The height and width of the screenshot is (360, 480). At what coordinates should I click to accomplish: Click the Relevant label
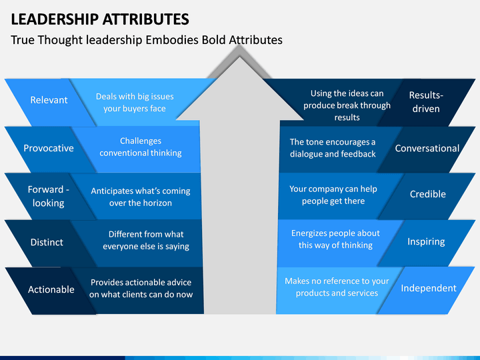click(x=49, y=100)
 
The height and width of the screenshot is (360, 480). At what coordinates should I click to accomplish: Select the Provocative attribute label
click(x=49, y=148)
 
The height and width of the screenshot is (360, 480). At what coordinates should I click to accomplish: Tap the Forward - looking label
click(x=49, y=196)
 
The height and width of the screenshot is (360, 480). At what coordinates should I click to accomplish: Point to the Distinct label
click(x=47, y=242)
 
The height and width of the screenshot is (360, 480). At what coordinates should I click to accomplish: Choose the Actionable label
click(x=51, y=289)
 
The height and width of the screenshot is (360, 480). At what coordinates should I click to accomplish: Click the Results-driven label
click(x=426, y=102)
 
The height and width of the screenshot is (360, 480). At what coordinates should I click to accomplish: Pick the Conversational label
click(x=427, y=148)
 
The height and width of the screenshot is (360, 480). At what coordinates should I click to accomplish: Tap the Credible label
click(x=428, y=194)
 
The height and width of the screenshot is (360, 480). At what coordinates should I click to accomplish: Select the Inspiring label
click(x=426, y=242)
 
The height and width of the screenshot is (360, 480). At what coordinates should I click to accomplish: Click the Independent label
click(x=429, y=288)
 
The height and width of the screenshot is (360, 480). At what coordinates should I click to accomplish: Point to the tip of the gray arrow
click(x=240, y=57)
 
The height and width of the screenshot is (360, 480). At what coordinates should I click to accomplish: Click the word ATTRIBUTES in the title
click(x=145, y=19)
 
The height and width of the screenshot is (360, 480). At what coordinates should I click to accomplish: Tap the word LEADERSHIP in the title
click(x=55, y=19)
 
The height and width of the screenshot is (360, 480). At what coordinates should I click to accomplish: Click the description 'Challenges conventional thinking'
click(x=141, y=147)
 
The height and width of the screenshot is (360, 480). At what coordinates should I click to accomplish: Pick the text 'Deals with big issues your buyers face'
click(x=135, y=103)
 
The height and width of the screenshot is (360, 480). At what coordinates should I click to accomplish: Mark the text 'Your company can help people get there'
click(x=333, y=195)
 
